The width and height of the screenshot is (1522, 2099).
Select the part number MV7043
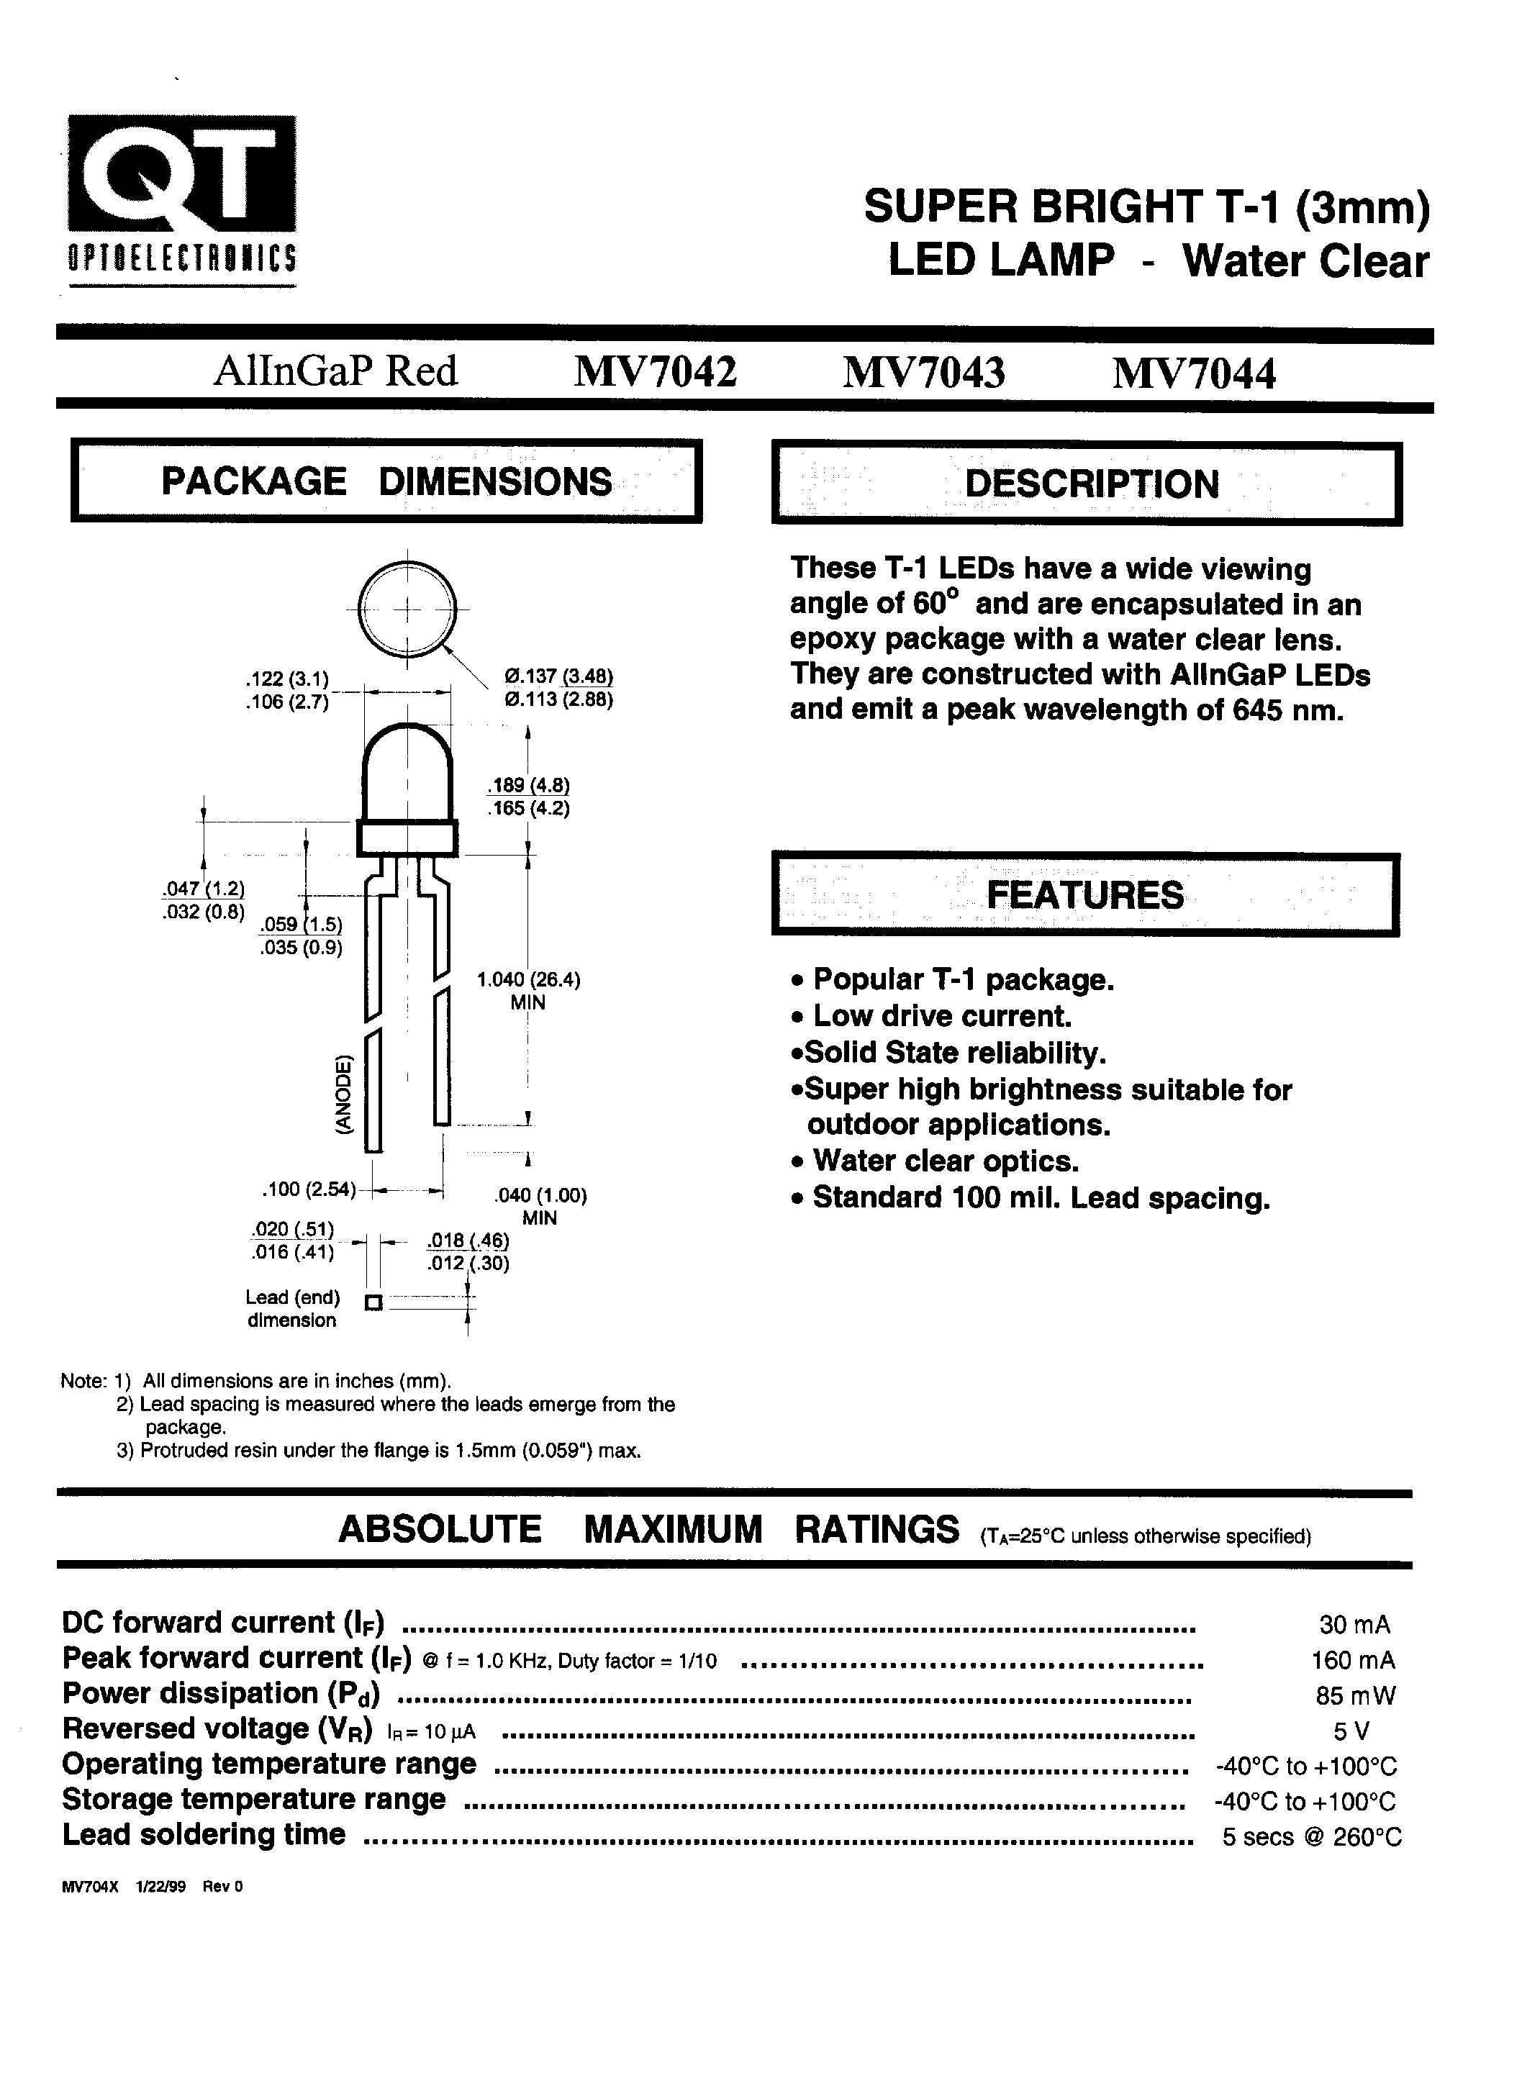click(923, 373)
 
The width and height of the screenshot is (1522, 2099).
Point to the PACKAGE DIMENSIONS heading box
click(386, 481)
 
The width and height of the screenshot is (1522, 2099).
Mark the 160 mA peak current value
click(1353, 1659)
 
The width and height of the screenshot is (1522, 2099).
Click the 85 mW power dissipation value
click(1354, 1695)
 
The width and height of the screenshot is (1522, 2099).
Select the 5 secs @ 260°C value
click(1311, 1837)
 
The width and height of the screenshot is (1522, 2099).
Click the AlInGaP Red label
click(336, 372)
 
